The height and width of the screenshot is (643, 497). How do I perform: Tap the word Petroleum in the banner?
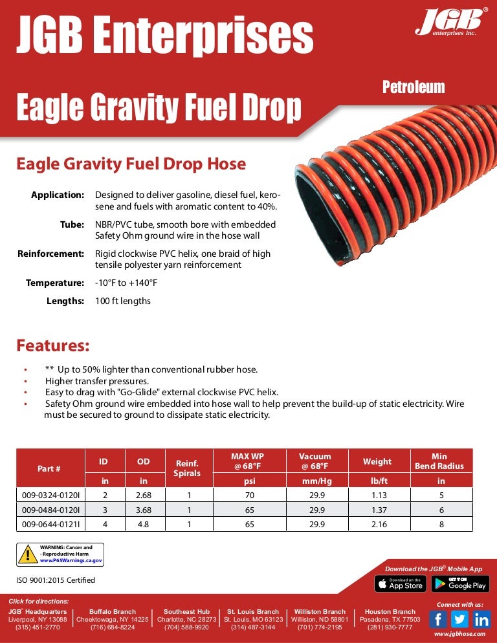tap(414, 87)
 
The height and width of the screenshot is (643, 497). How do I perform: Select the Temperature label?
tap(55, 283)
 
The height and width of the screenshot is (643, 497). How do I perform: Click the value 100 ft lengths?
tap(123, 301)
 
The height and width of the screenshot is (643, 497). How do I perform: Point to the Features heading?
tap(52, 345)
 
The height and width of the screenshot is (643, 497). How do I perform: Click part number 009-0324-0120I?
tap(50, 496)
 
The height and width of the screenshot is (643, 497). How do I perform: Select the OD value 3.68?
tap(143, 510)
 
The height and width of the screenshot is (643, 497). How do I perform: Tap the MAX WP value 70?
tap(247, 496)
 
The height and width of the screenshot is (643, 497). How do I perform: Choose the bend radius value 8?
tap(441, 524)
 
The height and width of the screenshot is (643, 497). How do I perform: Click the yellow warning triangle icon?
tap(28, 554)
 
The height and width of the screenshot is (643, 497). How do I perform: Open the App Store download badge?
tap(400, 583)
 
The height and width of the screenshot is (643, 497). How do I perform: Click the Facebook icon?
tap(437, 619)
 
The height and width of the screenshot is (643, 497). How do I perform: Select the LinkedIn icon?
tap(481, 619)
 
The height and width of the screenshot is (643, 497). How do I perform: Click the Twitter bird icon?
tap(459, 619)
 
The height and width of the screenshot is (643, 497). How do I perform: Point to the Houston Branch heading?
tap(390, 611)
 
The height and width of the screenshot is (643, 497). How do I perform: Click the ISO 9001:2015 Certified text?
tap(56, 580)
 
